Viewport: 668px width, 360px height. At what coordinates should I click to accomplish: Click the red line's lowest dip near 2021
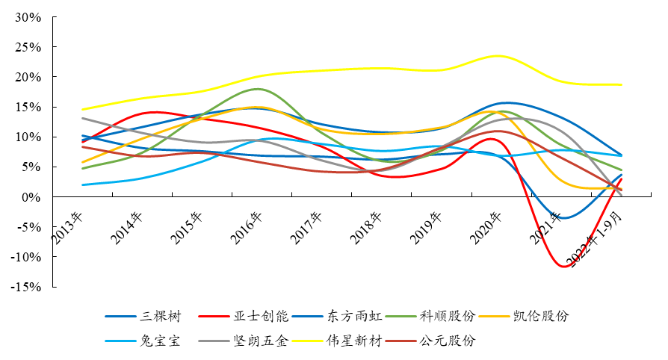(565, 267)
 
